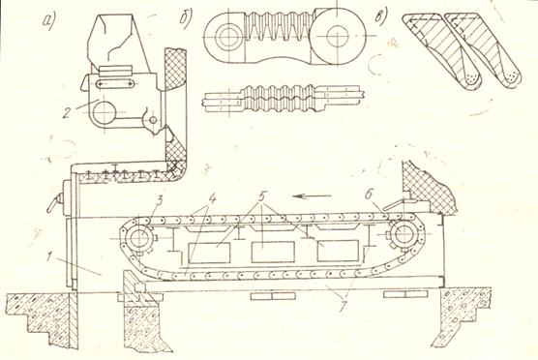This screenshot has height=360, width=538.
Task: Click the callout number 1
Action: (x=51, y=257)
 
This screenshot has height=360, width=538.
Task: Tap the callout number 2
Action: (x=67, y=111)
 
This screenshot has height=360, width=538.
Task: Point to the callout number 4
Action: (x=213, y=198)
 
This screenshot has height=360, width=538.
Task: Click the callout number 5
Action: (x=262, y=196)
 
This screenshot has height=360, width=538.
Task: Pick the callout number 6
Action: (x=369, y=195)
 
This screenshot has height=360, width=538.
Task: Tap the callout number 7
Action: (x=343, y=306)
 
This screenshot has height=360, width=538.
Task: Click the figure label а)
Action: (x=48, y=22)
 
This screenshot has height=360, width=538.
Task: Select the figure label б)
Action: (x=187, y=19)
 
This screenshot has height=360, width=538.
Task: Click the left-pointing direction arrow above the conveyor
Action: (x=313, y=196)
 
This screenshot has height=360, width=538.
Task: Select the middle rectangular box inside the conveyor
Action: (x=273, y=252)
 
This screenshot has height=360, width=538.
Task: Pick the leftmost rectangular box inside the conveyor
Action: (x=209, y=253)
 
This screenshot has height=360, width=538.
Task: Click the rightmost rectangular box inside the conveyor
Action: (x=338, y=251)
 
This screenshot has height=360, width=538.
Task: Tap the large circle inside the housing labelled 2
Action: (x=105, y=113)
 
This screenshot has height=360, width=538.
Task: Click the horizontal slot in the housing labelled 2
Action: (x=115, y=84)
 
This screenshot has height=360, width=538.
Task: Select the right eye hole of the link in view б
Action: (x=338, y=36)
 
